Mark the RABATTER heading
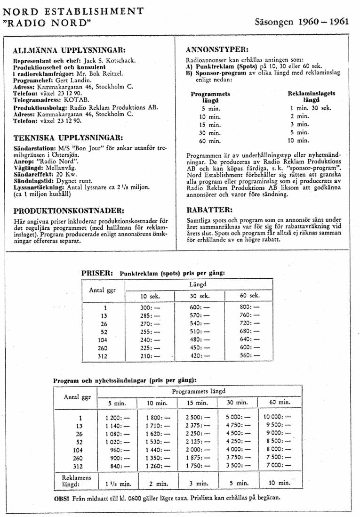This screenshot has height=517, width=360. (x=210, y=210)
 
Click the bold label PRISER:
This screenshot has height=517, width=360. (x=97, y=273)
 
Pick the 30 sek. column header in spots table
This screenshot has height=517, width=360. (x=200, y=296)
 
